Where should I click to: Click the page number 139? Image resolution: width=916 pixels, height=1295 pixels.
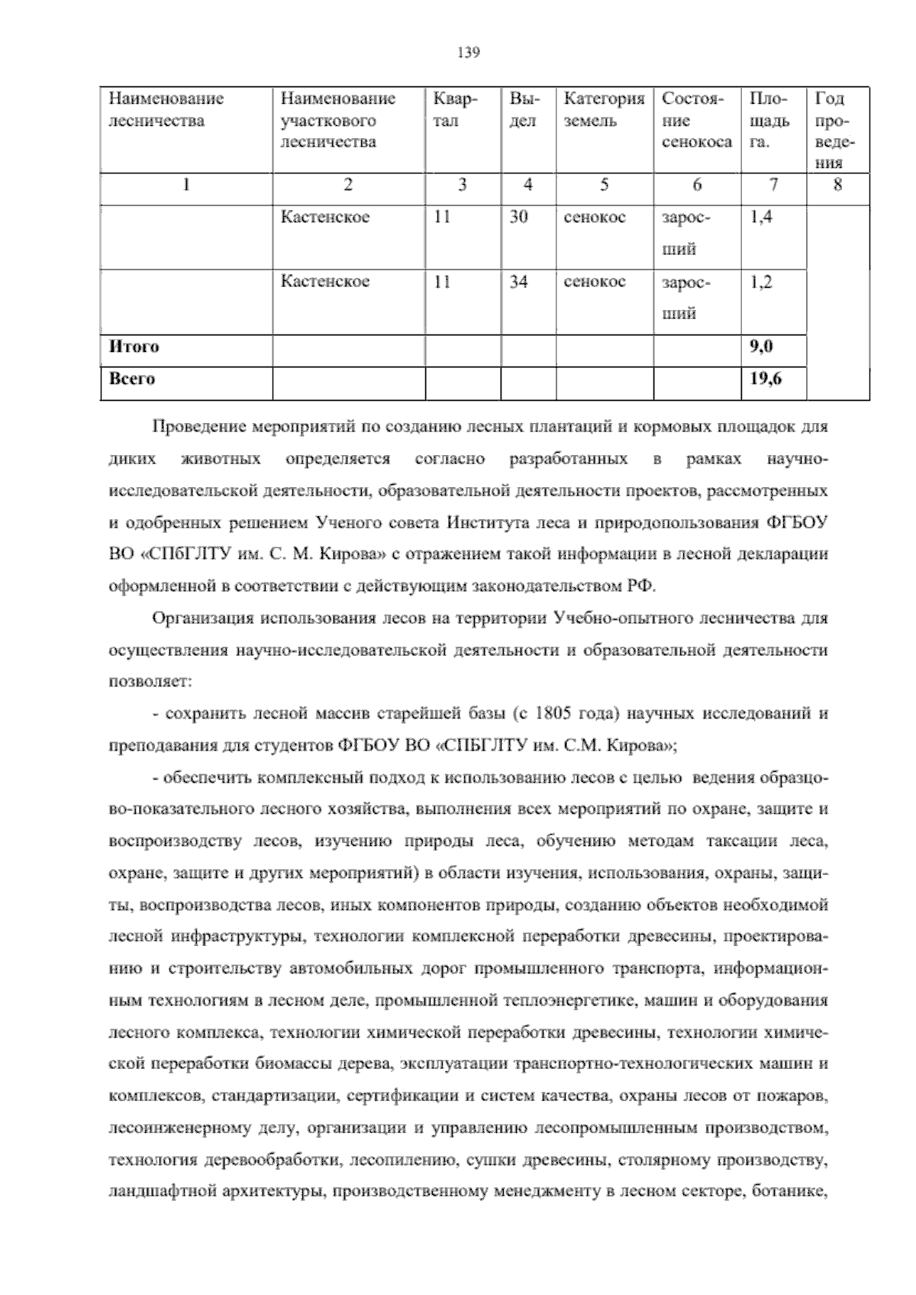point(467,53)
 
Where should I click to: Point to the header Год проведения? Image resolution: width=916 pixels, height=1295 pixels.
point(836,130)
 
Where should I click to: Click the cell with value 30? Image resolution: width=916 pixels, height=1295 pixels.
point(518,217)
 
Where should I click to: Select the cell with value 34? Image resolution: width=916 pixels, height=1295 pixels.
point(518,282)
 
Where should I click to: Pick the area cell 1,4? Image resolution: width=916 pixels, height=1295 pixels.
point(760,217)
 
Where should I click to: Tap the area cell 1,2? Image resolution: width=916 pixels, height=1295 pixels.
point(760,282)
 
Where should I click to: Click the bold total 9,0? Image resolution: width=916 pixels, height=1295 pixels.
point(761,347)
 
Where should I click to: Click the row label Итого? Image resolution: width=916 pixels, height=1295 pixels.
point(134,347)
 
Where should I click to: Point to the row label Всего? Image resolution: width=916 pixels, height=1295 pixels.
point(132,379)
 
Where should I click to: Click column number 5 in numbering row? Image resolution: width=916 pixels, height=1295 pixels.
point(604,184)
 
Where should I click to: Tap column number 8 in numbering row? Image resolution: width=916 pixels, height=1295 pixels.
point(837,184)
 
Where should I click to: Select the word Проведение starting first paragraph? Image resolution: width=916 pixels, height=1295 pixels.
point(197,427)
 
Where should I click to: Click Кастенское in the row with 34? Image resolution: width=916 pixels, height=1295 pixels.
point(325,282)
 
